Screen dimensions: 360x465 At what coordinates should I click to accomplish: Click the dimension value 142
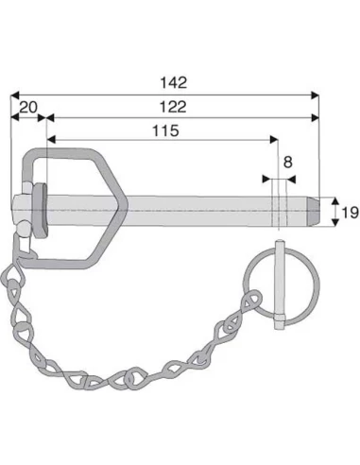(x=174, y=83)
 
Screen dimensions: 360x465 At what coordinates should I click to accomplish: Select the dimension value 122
(x=173, y=107)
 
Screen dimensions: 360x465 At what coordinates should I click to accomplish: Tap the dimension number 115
(x=165, y=130)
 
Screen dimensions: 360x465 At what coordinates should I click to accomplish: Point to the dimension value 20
(x=28, y=108)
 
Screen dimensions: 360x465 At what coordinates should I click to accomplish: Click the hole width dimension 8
(x=287, y=163)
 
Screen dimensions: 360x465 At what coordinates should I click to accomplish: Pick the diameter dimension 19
(x=350, y=213)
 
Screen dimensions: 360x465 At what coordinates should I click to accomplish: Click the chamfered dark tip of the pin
(x=314, y=211)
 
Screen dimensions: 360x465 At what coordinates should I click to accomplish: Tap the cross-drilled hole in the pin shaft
(x=279, y=212)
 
